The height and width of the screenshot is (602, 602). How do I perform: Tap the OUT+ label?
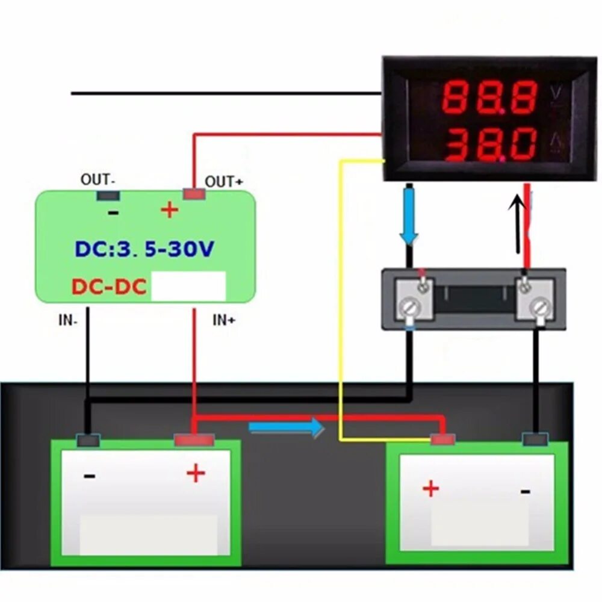224,181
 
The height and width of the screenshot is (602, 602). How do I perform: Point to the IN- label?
67,320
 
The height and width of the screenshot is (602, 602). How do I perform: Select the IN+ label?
224,320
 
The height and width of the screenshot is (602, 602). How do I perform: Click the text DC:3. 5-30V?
144,249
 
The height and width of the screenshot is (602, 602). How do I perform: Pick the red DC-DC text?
109,287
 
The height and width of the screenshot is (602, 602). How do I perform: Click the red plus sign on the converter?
170,210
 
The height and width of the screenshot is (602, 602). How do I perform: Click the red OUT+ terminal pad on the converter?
194,194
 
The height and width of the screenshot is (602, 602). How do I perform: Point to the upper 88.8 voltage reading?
489,98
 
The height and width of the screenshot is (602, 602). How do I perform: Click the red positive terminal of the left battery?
194,441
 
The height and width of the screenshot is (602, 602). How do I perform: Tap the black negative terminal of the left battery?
88,441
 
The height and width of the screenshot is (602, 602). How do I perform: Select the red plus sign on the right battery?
431,488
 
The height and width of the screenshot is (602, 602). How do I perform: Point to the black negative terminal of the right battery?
536,439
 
